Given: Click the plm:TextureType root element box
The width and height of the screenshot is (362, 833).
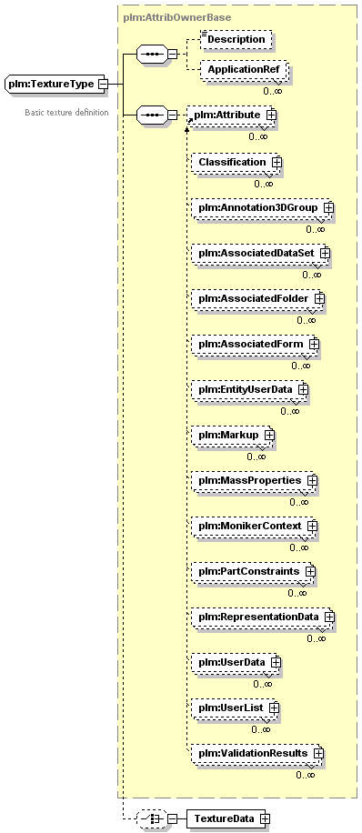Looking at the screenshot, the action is (x=55, y=84).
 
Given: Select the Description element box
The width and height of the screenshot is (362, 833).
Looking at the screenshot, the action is (x=236, y=39).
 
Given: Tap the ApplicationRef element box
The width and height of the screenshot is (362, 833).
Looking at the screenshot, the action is (x=244, y=70).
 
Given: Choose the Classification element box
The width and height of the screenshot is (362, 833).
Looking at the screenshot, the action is (x=236, y=162).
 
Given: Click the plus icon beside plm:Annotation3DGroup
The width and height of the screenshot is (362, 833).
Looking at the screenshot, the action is (x=328, y=207).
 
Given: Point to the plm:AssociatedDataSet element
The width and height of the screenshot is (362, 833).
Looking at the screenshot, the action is (x=261, y=253).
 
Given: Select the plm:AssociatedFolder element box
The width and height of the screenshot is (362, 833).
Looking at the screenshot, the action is (x=257, y=298).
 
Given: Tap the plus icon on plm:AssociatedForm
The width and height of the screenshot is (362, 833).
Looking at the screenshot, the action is (x=314, y=345).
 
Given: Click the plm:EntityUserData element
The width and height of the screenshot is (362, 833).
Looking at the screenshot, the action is (x=250, y=389).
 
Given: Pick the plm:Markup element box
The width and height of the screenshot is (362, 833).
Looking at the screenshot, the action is (x=233, y=435).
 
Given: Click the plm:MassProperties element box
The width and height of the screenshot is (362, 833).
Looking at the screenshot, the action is (x=255, y=480).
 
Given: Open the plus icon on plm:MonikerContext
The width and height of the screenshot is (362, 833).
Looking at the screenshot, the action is (x=312, y=526).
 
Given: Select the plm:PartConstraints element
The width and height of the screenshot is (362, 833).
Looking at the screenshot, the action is (x=254, y=572).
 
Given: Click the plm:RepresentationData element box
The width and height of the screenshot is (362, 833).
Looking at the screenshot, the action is (x=263, y=617).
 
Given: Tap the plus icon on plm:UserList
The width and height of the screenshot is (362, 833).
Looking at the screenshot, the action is (x=274, y=708).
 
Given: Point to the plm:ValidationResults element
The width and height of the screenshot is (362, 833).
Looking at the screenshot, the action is (x=257, y=753).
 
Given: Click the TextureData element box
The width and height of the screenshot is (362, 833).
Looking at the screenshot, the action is (x=228, y=818).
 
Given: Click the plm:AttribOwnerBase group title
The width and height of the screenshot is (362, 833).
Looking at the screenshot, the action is (x=177, y=17).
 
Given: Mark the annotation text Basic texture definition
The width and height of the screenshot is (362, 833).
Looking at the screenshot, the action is (x=66, y=113).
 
